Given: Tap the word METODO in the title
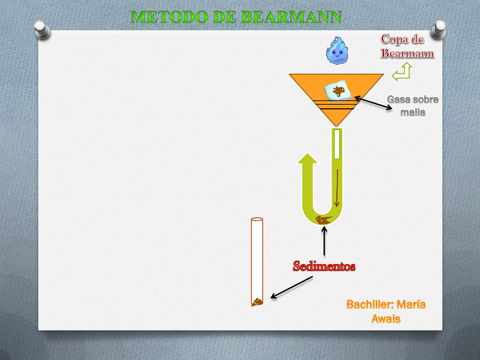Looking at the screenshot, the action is pos(169,17).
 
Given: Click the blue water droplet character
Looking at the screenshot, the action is pos(337,50).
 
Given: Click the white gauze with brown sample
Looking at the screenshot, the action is pos(338,91).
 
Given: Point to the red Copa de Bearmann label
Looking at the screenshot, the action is pos(407,46).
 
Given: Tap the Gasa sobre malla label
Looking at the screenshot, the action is pos(413,106).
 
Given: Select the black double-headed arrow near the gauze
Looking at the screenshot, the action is pos(373,103).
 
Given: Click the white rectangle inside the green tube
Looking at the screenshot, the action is pos(337,144).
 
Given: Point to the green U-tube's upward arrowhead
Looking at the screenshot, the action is pos(307,158).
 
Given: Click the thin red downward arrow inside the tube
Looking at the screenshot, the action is pos(337,188).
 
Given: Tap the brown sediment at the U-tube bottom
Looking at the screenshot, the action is pos(323,220).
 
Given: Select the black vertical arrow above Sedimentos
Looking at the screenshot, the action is pos(324,241).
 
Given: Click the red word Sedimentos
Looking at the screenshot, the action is pos(324,266).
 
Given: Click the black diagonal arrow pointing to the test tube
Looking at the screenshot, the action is pos(291,287).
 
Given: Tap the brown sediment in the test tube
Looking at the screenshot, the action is pos(257,302).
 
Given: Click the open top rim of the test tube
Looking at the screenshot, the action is pos(257,219).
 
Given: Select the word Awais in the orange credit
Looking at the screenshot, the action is pos(386,319).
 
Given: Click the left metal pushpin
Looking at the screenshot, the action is pos(42,30).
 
